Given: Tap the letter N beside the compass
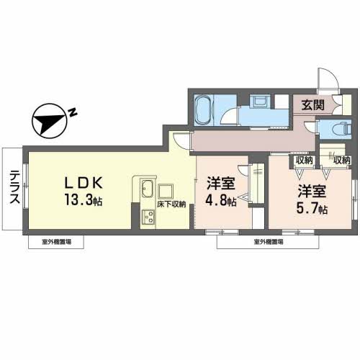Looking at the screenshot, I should (73, 112).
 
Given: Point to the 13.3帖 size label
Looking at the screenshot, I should (81, 200).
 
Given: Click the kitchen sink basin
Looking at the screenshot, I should (144, 190).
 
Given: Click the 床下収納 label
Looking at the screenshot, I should (172, 204).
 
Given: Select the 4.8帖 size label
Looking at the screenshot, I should (222, 201).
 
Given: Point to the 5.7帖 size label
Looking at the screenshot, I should (313, 210).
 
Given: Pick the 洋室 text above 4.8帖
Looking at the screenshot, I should (221, 184).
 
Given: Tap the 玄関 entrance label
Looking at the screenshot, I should (312, 105).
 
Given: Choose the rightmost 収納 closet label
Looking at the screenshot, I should (341, 160).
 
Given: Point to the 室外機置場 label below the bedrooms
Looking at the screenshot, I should (267, 243).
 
